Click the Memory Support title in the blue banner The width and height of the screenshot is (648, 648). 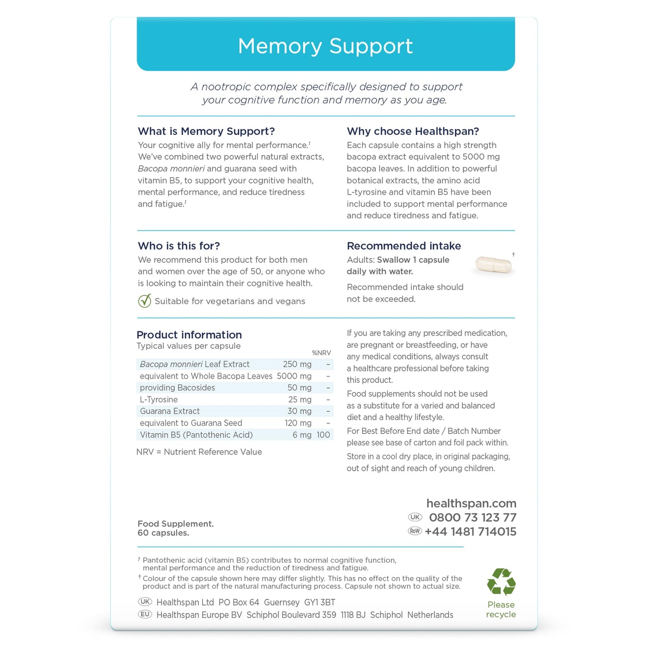(325, 46)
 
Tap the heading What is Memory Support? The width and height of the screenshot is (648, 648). (206, 131)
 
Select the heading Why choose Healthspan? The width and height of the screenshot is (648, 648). (413, 131)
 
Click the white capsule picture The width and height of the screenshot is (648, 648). (493, 265)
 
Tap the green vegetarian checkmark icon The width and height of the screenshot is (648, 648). (144, 301)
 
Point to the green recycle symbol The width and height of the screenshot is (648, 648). (501, 582)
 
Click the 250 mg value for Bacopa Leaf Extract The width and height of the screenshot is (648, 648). (297, 364)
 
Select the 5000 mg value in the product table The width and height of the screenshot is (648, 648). (294, 376)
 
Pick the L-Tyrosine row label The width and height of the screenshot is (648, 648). (159, 400)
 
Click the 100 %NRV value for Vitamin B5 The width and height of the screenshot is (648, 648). (323, 435)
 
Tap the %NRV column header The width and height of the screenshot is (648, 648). (321, 353)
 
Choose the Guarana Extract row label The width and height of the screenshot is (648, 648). (170, 411)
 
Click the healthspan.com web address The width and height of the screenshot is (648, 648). (471, 503)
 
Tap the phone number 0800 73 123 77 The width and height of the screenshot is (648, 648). (473, 518)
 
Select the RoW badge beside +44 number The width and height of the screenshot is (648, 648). (415, 531)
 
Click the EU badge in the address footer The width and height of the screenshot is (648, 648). (145, 614)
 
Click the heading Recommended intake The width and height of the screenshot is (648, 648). (404, 246)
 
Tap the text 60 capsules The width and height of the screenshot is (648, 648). (163, 533)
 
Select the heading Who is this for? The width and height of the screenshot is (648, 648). (179, 246)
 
